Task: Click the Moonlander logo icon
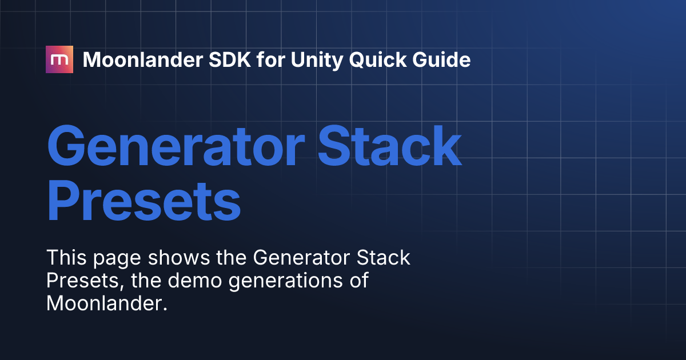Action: pos(59,59)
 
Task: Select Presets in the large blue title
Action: pos(143,202)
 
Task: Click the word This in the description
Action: pos(65,258)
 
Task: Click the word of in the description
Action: pos(358,281)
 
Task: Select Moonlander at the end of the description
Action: pos(106,303)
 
